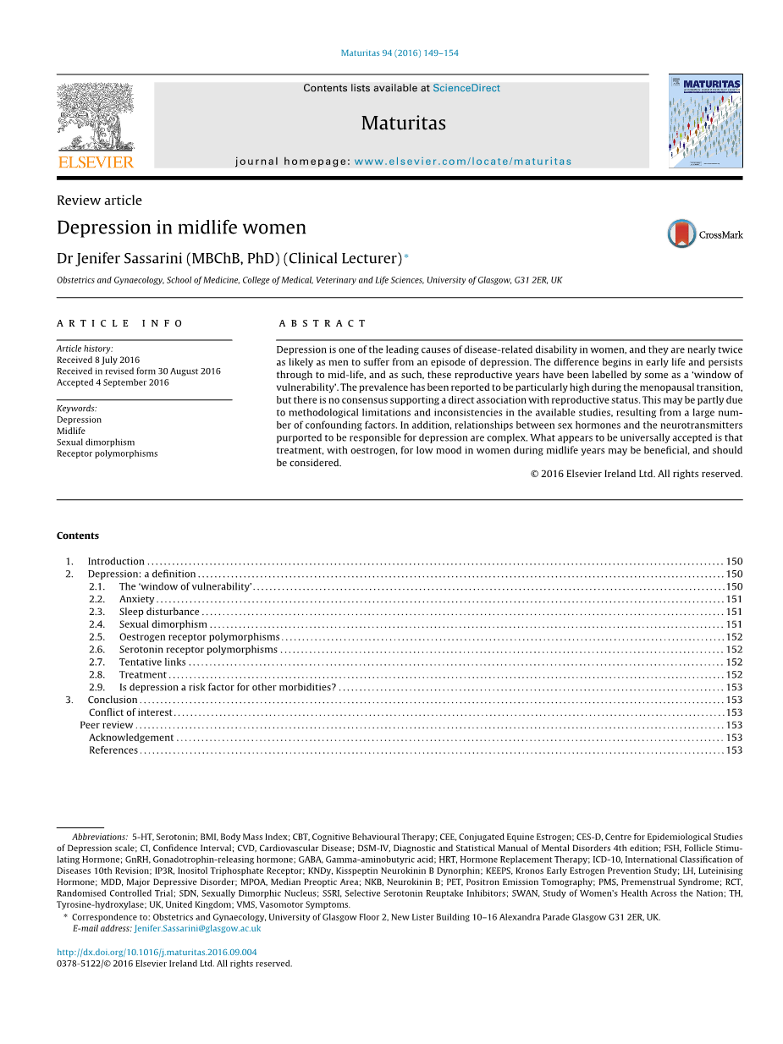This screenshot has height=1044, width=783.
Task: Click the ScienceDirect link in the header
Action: pyautogui.click(x=466, y=88)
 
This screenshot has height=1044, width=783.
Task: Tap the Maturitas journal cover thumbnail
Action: pyautogui.click(x=705, y=120)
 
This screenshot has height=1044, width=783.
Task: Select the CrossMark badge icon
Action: pyautogui.click(x=682, y=234)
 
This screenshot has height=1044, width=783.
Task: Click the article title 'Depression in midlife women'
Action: pyautogui.click(x=181, y=228)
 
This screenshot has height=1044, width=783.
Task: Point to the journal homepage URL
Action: pyautogui.click(x=462, y=162)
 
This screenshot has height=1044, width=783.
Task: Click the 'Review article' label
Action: pyautogui.click(x=99, y=201)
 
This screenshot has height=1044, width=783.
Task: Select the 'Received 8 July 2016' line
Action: pyautogui.click(x=98, y=360)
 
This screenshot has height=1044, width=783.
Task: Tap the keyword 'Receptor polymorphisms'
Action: pyautogui.click(x=107, y=453)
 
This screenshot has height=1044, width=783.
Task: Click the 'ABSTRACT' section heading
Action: pyautogui.click(x=323, y=323)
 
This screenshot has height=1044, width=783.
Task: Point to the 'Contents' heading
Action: pyautogui.click(x=78, y=536)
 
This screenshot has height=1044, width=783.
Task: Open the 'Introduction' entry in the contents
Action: pyautogui.click(x=116, y=561)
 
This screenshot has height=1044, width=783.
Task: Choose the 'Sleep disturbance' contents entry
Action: pyautogui.click(x=159, y=612)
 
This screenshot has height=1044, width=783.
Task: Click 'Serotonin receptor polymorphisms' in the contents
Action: pyautogui.click(x=198, y=650)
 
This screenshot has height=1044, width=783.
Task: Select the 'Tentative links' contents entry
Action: pyautogui.click(x=152, y=662)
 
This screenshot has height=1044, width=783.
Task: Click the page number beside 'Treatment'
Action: pyautogui.click(x=734, y=675)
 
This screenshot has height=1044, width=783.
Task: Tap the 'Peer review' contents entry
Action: pyautogui.click(x=107, y=725)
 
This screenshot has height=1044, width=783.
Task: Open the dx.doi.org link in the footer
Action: pyautogui.click(x=157, y=952)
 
